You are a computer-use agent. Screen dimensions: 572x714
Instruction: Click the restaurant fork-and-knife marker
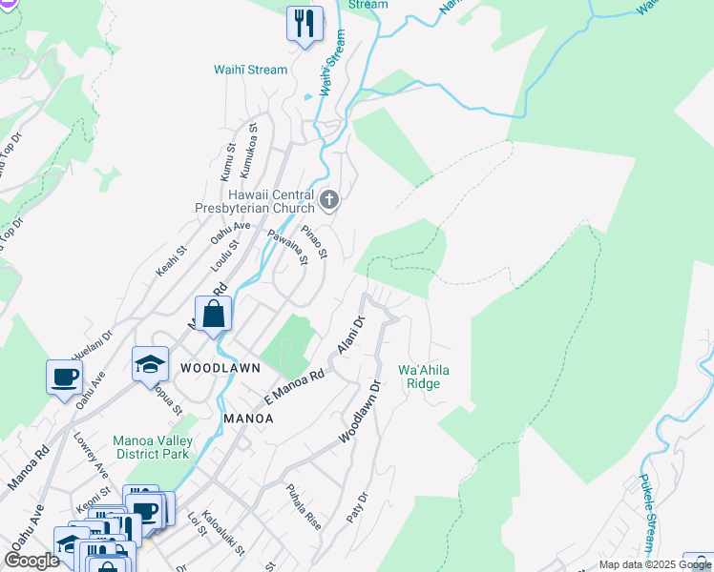pos(304,25)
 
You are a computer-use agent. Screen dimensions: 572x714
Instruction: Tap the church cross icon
pos(329,200)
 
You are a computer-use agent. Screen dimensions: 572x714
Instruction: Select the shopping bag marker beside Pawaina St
pos(214,314)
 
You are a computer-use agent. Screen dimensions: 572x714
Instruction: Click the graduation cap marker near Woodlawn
pos(150,364)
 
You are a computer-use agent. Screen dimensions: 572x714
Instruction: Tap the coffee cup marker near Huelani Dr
pos(64,377)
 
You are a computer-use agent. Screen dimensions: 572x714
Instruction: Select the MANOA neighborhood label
pos(248,418)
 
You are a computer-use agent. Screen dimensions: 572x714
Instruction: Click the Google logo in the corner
pos(31,560)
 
